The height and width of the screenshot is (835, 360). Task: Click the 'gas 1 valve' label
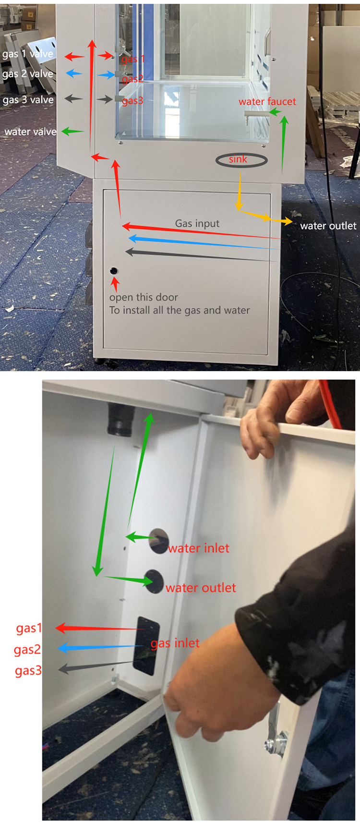[x=27, y=54]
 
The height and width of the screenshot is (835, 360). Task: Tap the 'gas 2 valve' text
[x=27, y=74]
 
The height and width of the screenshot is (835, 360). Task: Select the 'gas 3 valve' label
[x=28, y=100]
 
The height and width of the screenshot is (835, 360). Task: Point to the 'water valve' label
[x=30, y=132]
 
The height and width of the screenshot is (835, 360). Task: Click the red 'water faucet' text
[x=267, y=102]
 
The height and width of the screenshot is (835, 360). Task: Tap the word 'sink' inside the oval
[x=238, y=159]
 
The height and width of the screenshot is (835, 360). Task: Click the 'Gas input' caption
[x=197, y=223]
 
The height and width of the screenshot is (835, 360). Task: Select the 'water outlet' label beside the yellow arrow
[x=328, y=226]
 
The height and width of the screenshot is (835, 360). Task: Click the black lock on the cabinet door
[x=114, y=271]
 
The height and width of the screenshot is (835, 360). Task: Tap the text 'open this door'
[x=144, y=297]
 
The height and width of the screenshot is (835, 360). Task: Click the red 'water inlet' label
[x=199, y=548]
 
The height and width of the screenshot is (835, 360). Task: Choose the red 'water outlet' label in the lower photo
[x=201, y=588]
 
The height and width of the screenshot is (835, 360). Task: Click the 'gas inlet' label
[x=175, y=643]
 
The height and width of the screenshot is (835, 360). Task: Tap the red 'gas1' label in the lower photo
[x=29, y=628]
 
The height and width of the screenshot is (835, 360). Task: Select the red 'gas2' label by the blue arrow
[x=27, y=650]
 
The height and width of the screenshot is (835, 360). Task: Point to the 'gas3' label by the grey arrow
[x=28, y=670]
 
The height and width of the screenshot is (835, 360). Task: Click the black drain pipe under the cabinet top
[x=119, y=419]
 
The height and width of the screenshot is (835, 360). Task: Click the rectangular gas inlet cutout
[x=146, y=645]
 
